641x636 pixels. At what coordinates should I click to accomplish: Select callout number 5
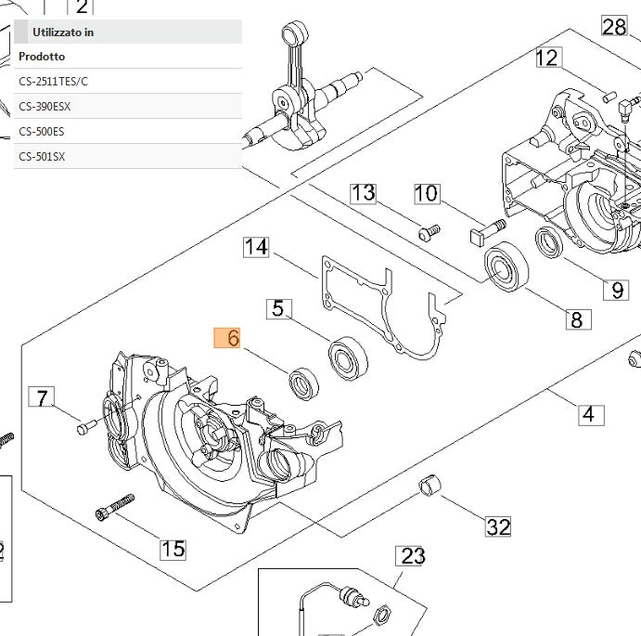point(277,308)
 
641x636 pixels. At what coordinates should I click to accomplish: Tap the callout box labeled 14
point(257,247)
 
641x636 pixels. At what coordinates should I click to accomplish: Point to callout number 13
point(363,193)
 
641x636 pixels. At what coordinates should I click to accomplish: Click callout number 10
point(426,193)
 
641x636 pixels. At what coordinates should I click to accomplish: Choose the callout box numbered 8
point(577,320)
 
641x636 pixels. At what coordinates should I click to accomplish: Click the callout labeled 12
point(548,58)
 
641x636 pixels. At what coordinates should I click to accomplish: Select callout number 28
point(614,26)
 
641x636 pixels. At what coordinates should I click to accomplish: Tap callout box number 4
point(589,414)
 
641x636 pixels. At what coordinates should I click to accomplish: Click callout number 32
point(498,527)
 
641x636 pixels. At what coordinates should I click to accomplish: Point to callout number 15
point(173,549)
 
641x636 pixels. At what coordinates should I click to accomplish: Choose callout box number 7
point(41,398)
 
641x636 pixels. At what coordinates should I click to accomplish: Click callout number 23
point(412,556)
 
